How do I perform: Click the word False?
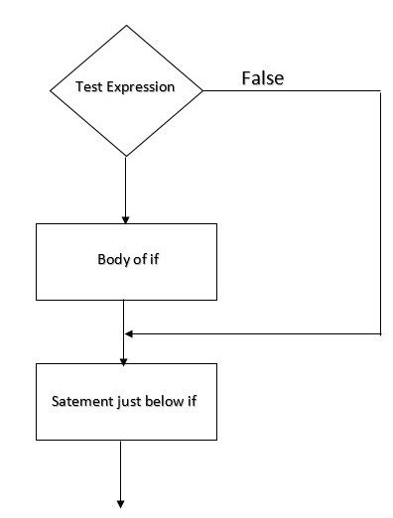coord(263,78)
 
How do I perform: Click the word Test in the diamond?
coord(89,87)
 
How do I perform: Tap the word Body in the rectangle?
coord(111,260)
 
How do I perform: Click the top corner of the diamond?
coord(126,25)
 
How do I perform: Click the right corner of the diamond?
coord(202,90)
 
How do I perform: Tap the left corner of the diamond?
coord(50,90)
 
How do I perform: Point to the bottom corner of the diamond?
coord(126,156)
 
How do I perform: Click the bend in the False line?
coord(380,91)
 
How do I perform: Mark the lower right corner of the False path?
coord(380,334)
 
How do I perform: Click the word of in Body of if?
coord(134,260)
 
